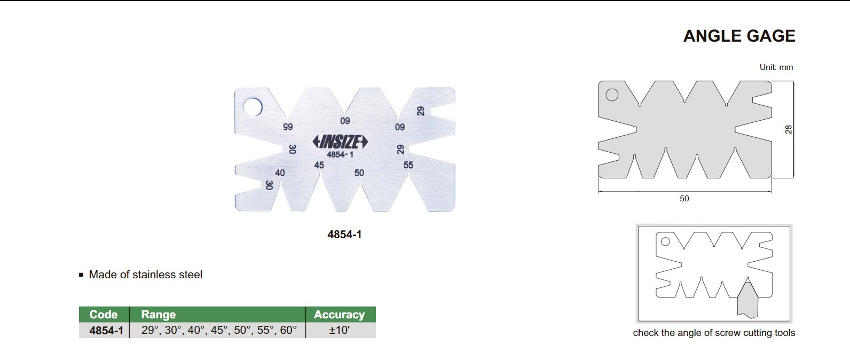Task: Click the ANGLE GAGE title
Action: point(739,36)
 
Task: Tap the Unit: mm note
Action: point(776,67)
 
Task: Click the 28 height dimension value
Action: point(789,129)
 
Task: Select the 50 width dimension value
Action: point(684,199)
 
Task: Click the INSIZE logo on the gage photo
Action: point(340,142)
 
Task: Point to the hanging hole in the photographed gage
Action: point(253,107)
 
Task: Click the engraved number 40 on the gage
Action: point(280,173)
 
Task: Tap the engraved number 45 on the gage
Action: point(319,166)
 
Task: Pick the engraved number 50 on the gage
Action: point(359,173)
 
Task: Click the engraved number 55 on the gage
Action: point(408,166)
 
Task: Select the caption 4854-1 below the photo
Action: point(344,234)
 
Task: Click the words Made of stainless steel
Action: point(145,275)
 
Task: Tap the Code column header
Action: point(103,315)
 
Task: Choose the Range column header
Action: point(158,315)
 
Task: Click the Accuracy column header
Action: point(339,315)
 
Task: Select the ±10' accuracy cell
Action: point(340,330)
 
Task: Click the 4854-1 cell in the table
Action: point(106,331)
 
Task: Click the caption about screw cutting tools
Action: point(714,333)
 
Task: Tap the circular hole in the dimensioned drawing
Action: point(612,95)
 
